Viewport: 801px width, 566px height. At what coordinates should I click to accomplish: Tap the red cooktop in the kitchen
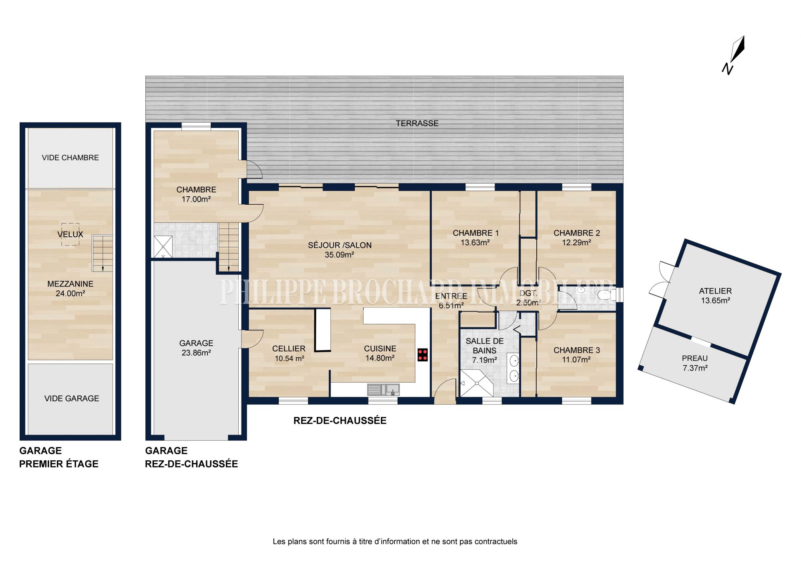(423, 355)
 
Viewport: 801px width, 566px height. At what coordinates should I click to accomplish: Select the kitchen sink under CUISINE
(383, 389)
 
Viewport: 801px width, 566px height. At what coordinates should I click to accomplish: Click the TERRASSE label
(417, 123)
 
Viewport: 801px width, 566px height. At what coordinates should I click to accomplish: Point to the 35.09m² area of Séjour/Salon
(339, 255)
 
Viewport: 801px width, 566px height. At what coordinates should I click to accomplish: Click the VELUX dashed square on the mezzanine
(70, 234)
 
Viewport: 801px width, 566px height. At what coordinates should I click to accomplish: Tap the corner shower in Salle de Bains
(477, 383)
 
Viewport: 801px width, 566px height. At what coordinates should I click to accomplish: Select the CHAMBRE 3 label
(577, 350)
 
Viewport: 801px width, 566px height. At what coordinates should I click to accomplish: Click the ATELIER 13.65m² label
(715, 296)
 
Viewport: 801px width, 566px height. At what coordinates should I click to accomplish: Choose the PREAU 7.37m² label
(695, 363)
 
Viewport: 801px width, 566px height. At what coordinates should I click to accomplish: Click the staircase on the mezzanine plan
(103, 254)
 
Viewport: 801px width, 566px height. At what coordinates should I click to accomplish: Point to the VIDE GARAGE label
(72, 398)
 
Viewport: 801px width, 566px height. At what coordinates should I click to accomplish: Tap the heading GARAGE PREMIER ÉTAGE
(59, 457)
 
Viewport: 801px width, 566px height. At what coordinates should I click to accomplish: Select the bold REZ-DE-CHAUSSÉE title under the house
(340, 421)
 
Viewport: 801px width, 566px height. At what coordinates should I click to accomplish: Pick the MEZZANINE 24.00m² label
(70, 288)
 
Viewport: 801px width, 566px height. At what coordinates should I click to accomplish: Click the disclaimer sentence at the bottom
(395, 542)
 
